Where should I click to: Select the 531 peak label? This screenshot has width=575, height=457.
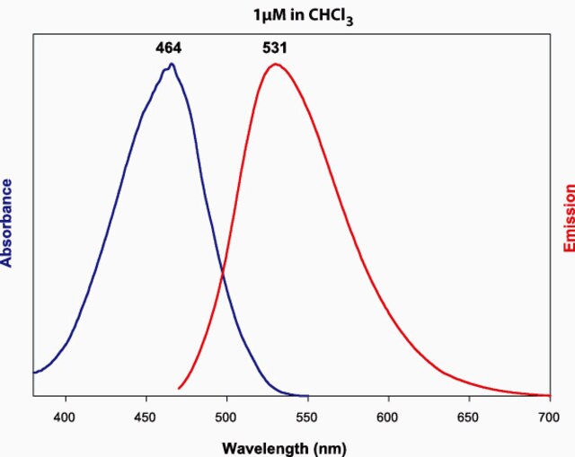(275, 48)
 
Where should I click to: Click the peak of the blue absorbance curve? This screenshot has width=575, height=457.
(171, 64)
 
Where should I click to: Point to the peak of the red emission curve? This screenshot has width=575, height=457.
(275, 64)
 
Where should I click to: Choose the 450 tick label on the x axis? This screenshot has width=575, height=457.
(146, 417)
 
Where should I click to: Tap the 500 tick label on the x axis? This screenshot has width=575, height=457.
(226, 417)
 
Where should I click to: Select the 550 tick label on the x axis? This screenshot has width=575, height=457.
(307, 417)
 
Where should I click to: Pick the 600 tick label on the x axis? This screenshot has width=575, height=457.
(388, 417)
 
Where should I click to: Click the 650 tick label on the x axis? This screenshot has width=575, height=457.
(469, 417)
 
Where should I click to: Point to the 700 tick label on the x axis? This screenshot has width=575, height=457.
(549, 417)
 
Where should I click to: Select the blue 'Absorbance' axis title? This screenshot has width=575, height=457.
(8, 223)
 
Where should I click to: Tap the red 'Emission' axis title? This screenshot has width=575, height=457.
(568, 218)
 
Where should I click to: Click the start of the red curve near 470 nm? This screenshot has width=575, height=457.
(180, 388)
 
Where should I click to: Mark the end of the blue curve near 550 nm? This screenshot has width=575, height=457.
(307, 395)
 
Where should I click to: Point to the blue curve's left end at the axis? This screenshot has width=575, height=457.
(34, 372)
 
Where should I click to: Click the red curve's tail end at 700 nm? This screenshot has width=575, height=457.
(549, 395)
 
